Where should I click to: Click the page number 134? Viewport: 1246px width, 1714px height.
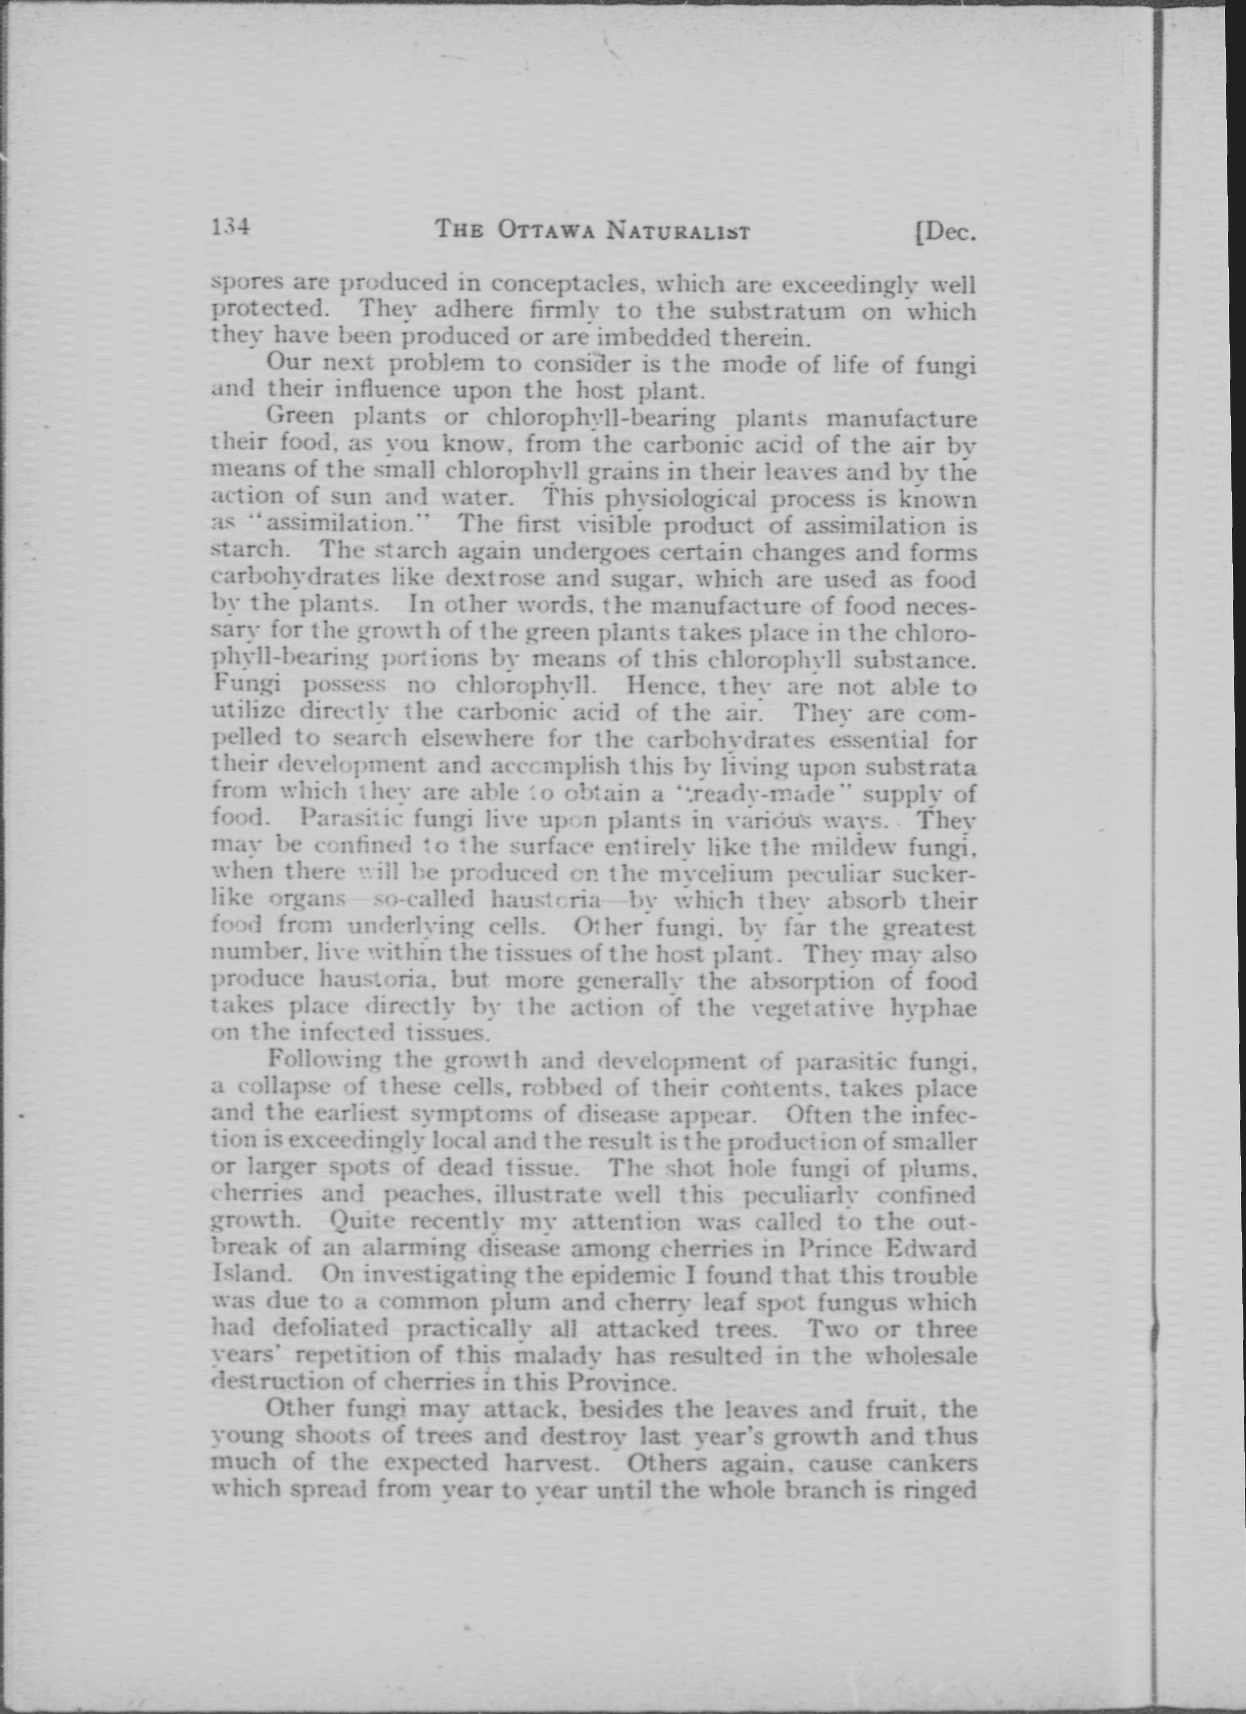(x=231, y=226)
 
